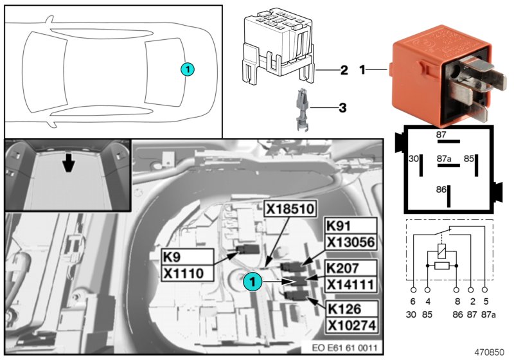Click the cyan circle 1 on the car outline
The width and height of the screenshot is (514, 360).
pyautogui.click(x=187, y=68)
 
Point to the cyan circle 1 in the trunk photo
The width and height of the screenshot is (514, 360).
pyautogui.click(x=253, y=280)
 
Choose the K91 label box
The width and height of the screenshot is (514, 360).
pyautogui.click(x=340, y=226)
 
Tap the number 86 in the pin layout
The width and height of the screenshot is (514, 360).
pyautogui.click(x=441, y=190)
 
